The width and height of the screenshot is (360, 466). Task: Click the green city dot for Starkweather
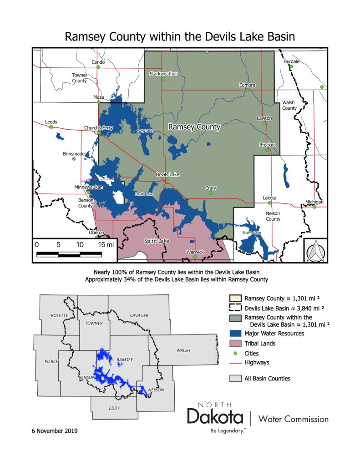coord(163,79)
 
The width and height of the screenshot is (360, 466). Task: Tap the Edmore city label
coord(247,85)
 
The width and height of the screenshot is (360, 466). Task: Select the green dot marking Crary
coord(211,193)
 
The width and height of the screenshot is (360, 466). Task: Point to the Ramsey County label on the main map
coord(194,127)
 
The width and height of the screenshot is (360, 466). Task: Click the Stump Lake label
coord(251,233)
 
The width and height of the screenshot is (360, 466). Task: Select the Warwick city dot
coord(195,258)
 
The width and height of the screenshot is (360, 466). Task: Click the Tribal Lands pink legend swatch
coord(235,344)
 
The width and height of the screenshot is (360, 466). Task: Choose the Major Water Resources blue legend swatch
coord(235,334)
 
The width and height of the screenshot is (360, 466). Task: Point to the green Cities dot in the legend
coord(235,353)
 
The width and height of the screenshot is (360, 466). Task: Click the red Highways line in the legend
coord(235,363)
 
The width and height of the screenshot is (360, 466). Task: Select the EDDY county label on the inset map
coord(114,408)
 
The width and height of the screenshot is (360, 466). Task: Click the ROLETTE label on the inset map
coord(59,315)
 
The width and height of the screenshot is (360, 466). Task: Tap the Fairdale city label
coord(291,61)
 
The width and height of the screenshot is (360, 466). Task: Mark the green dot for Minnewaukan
coord(89,192)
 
